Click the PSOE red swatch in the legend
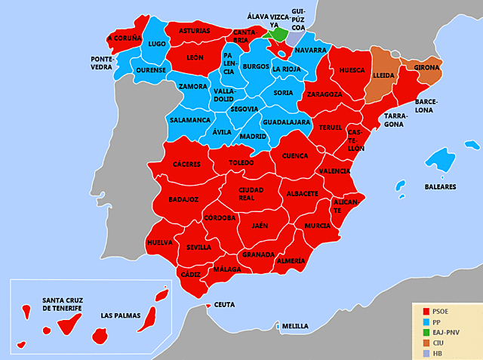(x=426, y=311)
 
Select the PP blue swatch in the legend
(x=426, y=322)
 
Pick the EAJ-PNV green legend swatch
(x=426, y=332)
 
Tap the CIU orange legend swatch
(x=426, y=343)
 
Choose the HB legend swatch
(x=426, y=352)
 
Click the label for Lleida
(x=383, y=75)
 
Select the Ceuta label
(x=224, y=305)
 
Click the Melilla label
(x=295, y=326)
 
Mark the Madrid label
(x=252, y=137)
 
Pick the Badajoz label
(x=183, y=199)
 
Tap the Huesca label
(x=352, y=70)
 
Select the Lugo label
(x=157, y=45)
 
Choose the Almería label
(x=291, y=260)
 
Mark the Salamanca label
(x=190, y=119)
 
